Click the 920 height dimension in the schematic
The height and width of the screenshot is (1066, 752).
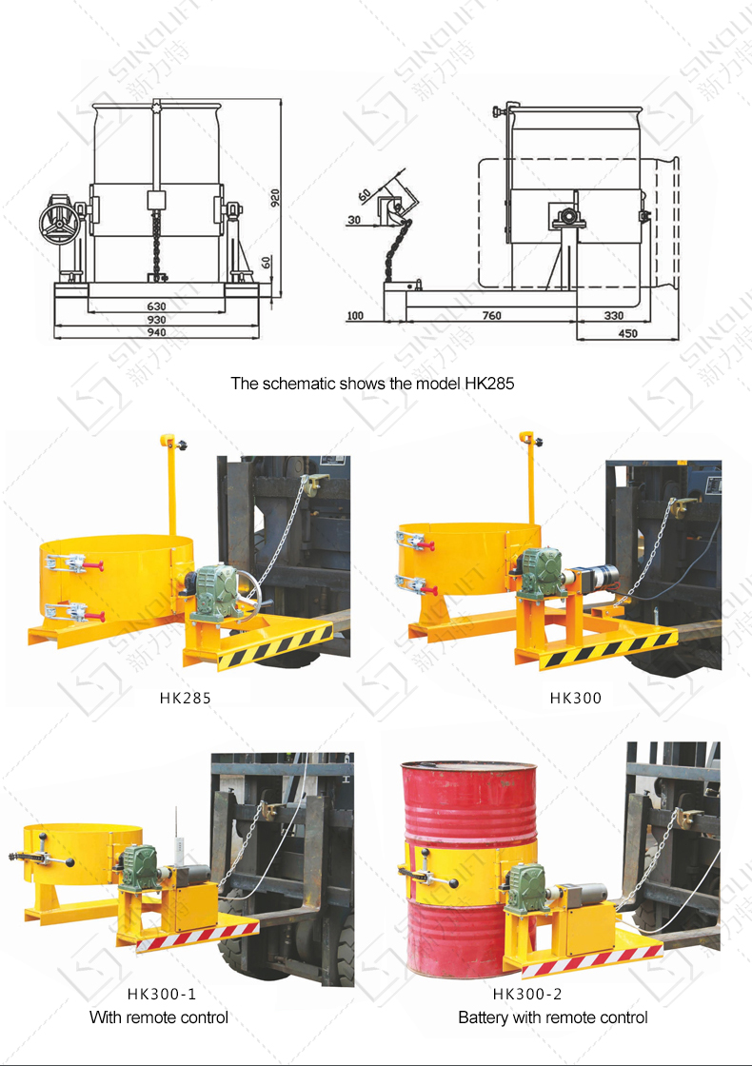click(x=275, y=198)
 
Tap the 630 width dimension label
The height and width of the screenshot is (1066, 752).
click(x=156, y=306)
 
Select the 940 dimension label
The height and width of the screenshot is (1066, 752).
click(x=156, y=332)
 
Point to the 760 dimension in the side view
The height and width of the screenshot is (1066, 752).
click(x=491, y=315)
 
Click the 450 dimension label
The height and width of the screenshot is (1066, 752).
click(x=627, y=333)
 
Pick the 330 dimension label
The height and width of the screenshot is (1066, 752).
click(x=613, y=315)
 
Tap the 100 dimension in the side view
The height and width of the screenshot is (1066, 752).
click(x=355, y=315)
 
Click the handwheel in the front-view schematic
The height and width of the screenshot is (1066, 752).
click(x=60, y=221)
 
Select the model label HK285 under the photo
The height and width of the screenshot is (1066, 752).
click(x=185, y=699)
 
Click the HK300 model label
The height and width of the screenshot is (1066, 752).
click(x=575, y=699)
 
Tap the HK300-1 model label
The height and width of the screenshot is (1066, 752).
click(x=162, y=994)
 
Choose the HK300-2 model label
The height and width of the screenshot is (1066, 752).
click(x=527, y=994)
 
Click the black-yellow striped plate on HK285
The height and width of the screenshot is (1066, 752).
click(x=275, y=648)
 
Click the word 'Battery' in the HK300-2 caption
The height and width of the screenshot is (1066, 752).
click(x=483, y=1017)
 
